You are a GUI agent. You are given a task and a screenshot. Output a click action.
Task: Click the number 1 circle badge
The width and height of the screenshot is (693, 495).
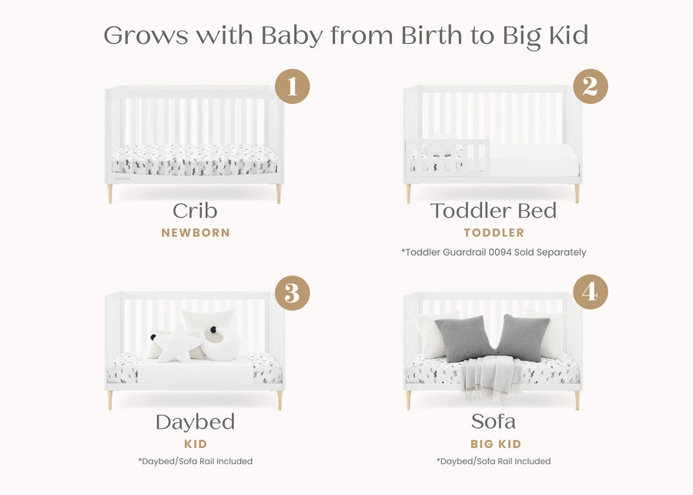(x=292, y=86)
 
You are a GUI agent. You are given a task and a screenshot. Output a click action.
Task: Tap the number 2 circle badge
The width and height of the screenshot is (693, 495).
(x=590, y=86)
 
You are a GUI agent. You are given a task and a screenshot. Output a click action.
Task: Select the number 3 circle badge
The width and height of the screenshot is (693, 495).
(x=292, y=293)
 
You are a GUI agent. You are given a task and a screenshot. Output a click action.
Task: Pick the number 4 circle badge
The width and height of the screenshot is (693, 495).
(x=590, y=293)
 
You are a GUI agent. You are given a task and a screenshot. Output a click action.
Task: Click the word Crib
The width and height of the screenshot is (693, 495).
(x=195, y=211)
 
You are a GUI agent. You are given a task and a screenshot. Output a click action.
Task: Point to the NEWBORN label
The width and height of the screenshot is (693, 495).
(x=196, y=232)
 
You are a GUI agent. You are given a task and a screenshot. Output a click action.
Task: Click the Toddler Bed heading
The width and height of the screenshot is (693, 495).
(x=493, y=211)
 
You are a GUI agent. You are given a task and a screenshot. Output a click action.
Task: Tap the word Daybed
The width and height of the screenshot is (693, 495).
(x=195, y=422)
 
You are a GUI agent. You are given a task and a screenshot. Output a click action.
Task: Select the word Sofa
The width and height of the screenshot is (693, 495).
(x=493, y=422)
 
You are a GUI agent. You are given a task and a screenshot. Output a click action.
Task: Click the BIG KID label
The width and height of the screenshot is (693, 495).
(x=496, y=444)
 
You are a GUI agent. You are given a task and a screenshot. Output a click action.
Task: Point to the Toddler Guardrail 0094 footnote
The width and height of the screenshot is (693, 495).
(x=494, y=252)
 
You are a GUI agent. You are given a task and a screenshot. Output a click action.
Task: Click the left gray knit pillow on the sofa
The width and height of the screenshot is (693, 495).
(x=464, y=337)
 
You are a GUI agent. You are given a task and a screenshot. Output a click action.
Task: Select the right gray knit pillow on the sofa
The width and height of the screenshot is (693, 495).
(x=523, y=337)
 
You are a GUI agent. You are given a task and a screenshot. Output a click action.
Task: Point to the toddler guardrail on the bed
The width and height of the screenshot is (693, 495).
(x=447, y=156)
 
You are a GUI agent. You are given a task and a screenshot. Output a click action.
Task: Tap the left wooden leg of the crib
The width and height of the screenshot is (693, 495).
(x=110, y=193)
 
